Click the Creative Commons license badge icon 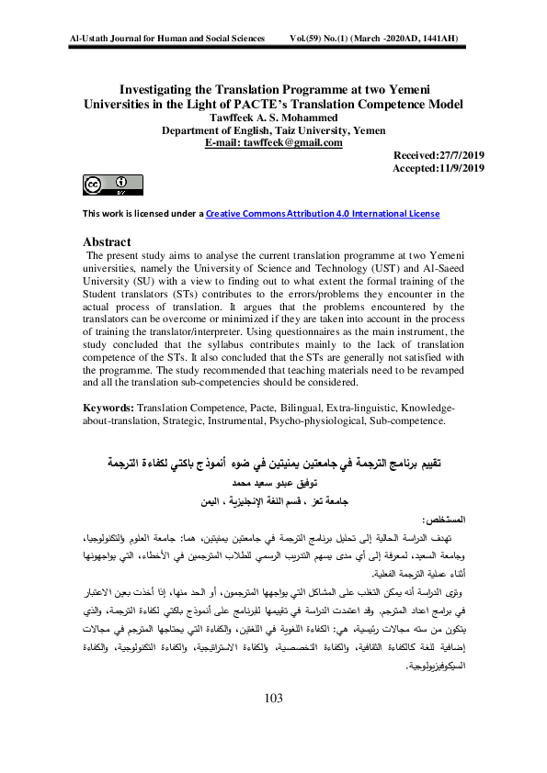click(x=107, y=185)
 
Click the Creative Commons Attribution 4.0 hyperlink click(x=322, y=214)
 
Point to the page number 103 click(x=273, y=724)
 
